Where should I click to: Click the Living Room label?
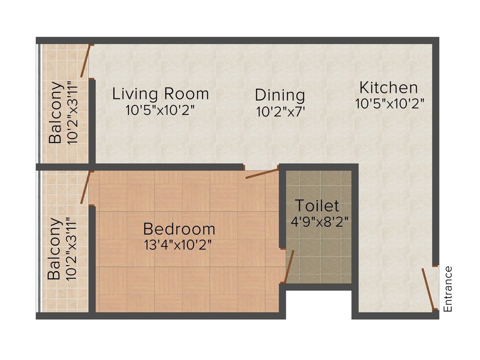pyautogui.click(x=160, y=94)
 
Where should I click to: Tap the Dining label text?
pyautogui.click(x=280, y=95)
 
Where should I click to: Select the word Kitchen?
pyautogui.click(x=388, y=88)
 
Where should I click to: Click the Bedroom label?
pyautogui.click(x=179, y=229)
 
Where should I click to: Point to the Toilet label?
pyautogui.click(x=317, y=206)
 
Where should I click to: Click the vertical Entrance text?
pyautogui.click(x=448, y=289)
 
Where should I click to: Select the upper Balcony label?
pyautogui.click(x=56, y=112)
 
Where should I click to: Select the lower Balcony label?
pyautogui.click(x=56, y=249)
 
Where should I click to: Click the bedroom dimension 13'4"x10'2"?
pyautogui.click(x=179, y=245)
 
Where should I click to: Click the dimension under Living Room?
pyautogui.click(x=160, y=110)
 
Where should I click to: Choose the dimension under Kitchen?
pyautogui.click(x=390, y=104)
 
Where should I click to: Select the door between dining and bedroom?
pyautogui.click(x=262, y=174)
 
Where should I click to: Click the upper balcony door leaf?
pyautogui.click(x=85, y=61)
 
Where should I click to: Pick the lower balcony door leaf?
pyautogui.click(x=85, y=187)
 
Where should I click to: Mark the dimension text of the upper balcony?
pyautogui.click(x=71, y=112)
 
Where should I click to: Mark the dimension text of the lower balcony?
pyautogui.click(x=71, y=249)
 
